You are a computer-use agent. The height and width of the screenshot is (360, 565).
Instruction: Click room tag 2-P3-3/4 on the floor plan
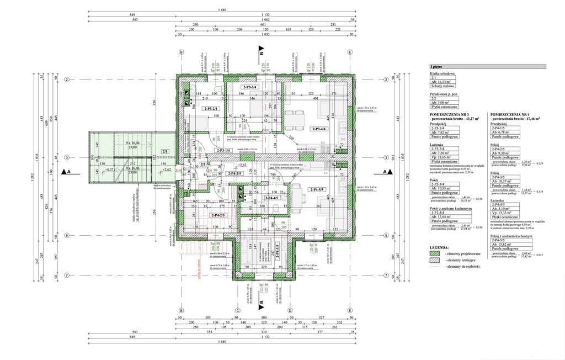(250, 87)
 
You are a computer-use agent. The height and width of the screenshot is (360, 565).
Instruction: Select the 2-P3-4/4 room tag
(319, 129)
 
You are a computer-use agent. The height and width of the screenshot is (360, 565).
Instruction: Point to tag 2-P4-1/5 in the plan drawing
(234, 174)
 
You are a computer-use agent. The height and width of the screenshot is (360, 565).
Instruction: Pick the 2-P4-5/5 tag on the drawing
(319, 189)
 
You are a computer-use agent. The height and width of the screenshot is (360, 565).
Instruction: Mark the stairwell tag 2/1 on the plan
(164, 151)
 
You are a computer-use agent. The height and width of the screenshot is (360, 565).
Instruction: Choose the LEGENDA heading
(440, 247)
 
